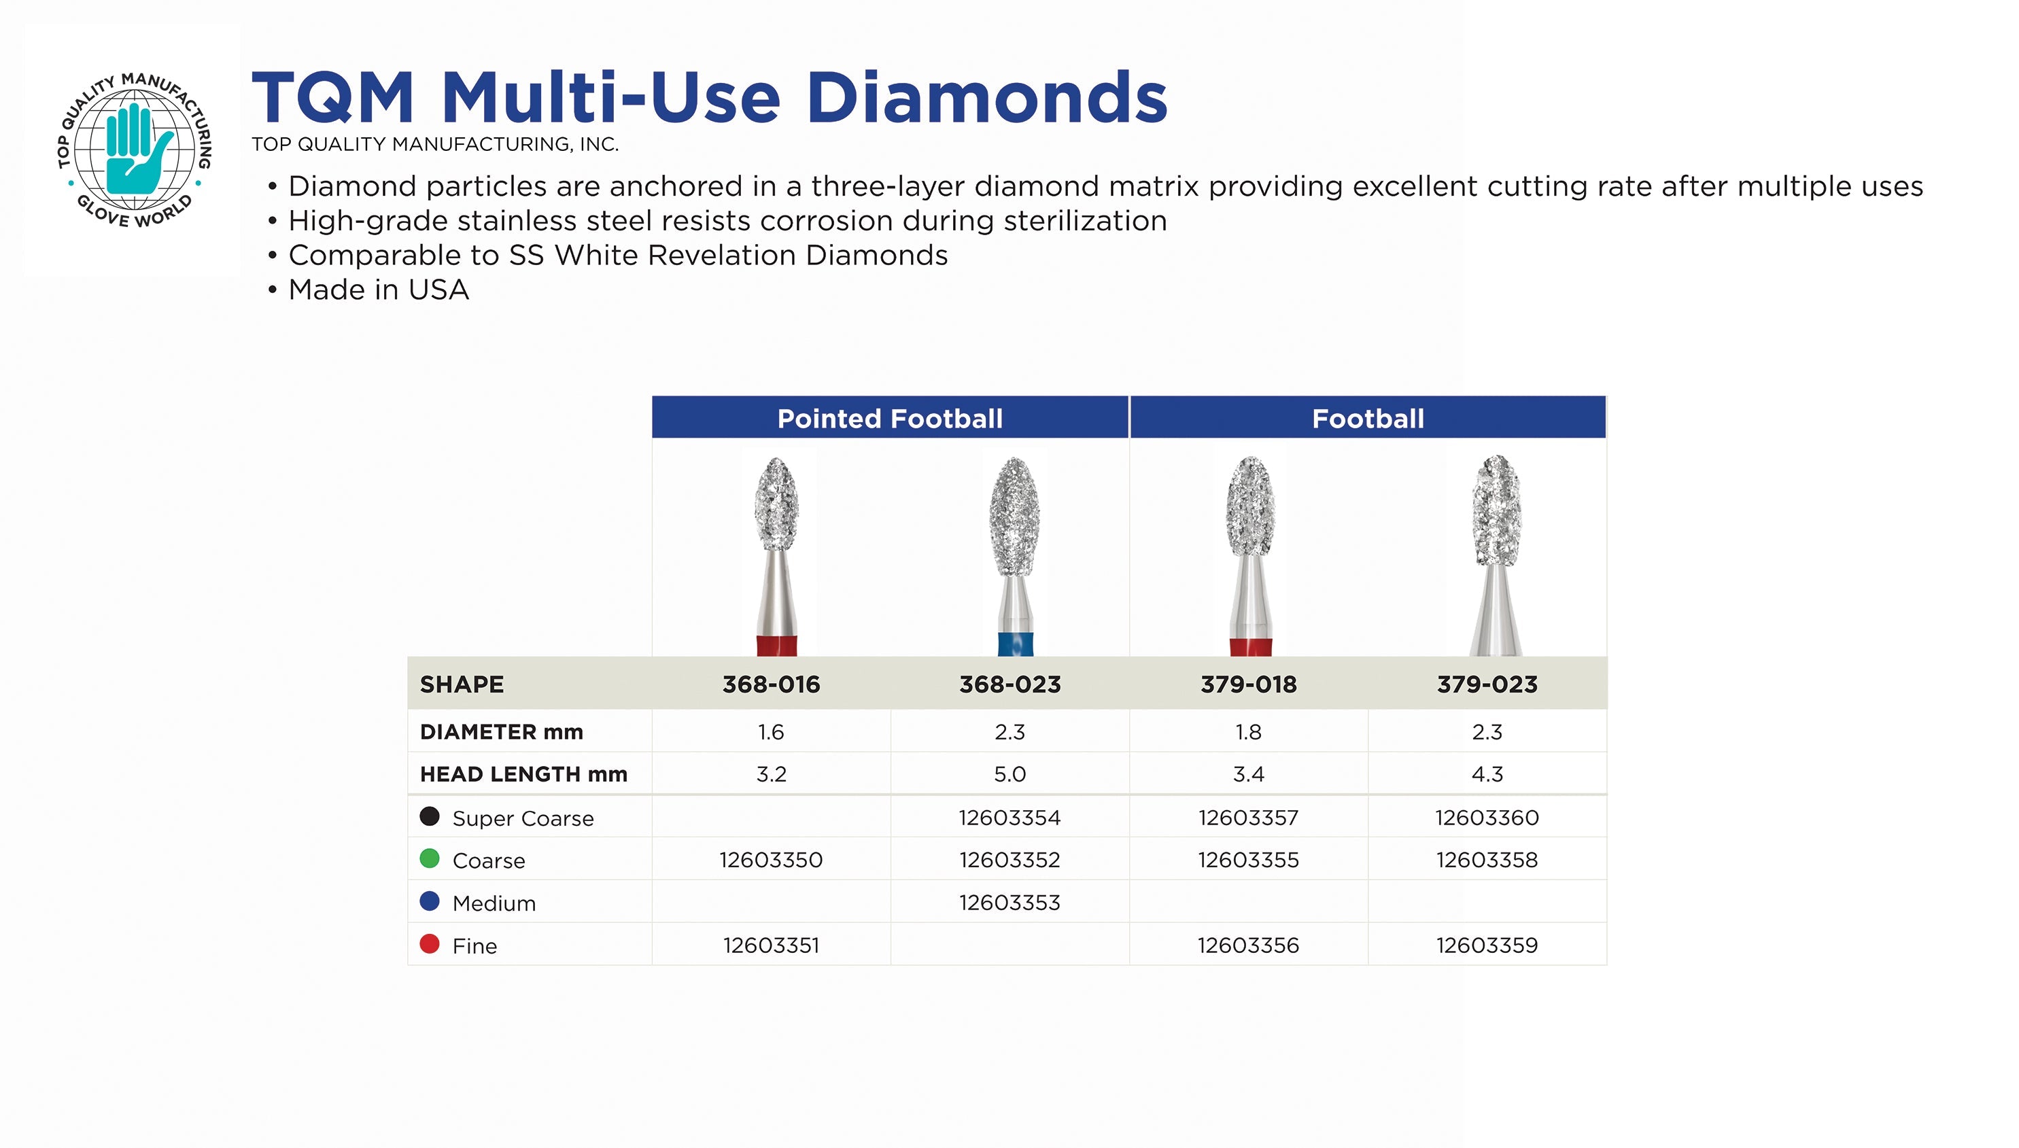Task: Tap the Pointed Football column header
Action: pyautogui.click(x=889, y=418)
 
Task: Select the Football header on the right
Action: pyautogui.click(x=1368, y=418)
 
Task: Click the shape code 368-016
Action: pyautogui.click(x=771, y=684)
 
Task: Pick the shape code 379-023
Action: pyautogui.click(x=1487, y=684)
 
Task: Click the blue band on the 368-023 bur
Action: pyautogui.click(x=1015, y=644)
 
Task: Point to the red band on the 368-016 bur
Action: pyautogui.click(x=776, y=645)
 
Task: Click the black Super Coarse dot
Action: pyautogui.click(x=430, y=816)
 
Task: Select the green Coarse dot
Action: pyautogui.click(x=430, y=858)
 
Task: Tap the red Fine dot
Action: pyautogui.click(x=430, y=944)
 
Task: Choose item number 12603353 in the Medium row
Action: pyautogui.click(x=1009, y=902)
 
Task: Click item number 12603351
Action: pyautogui.click(x=771, y=945)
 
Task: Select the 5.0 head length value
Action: pyautogui.click(x=1009, y=773)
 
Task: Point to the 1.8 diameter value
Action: pyautogui.click(x=1248, y=732)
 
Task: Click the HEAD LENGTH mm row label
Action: pyautogui.click(x=523, y=773)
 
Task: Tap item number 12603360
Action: pyautogui.click(x=1487, y=817)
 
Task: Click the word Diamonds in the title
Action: pyautogui.click(x=986, y=97)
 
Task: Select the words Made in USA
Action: pyautogui.click(x=379, y=290)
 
